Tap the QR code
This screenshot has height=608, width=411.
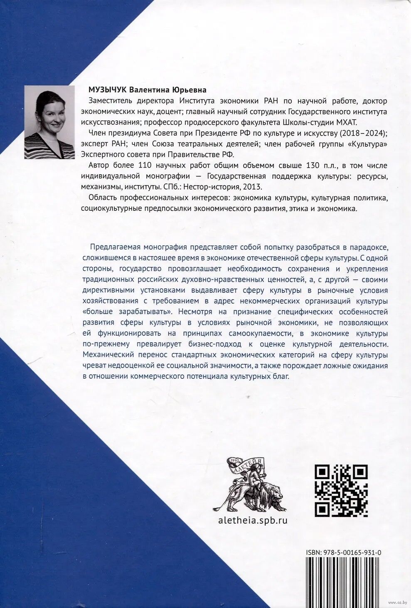click(341, 490)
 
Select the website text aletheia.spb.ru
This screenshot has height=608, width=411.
click(253, 520)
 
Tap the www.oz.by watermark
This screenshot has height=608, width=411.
click(397, 602)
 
